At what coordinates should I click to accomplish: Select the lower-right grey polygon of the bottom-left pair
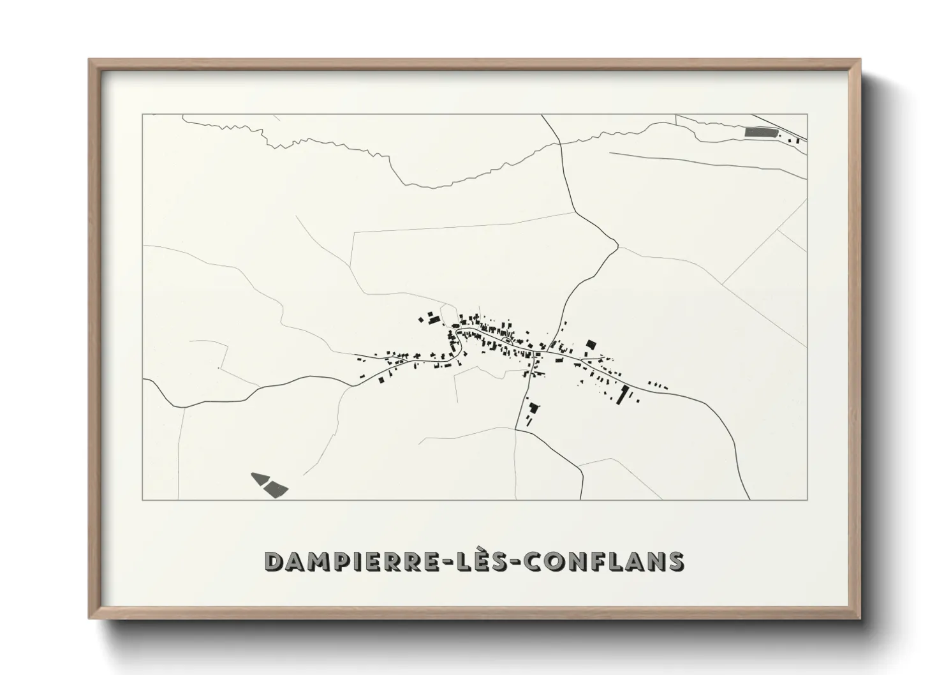pos(277,489)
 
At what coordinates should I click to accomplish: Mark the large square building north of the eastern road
pos(591,345)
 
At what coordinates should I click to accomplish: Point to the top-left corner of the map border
pos(142,115)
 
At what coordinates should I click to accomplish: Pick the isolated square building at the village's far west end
pos(382,380)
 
